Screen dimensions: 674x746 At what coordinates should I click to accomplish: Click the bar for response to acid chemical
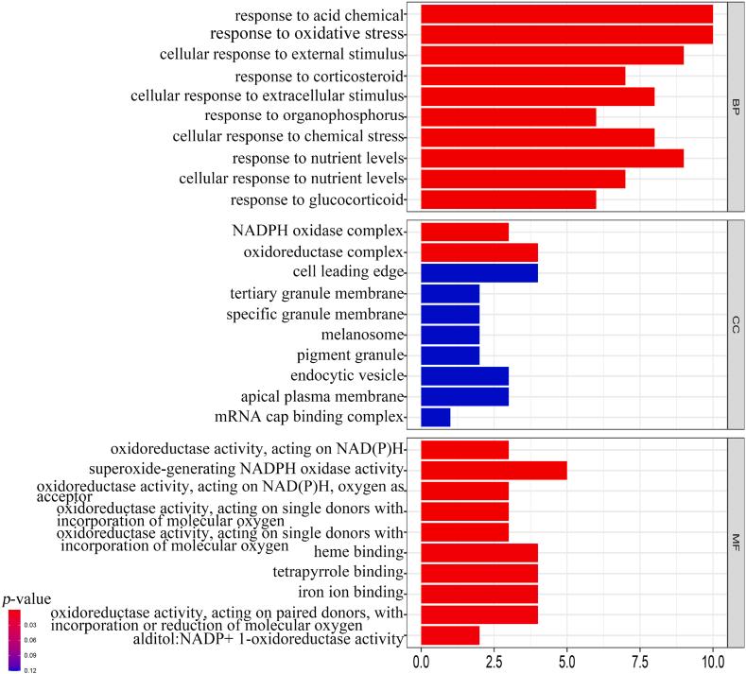[x=565, y=14]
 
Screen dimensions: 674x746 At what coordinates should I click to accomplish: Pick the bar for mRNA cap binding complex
[x=435, y=417]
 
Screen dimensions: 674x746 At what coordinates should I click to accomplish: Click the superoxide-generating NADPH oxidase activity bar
[x=493, y=470]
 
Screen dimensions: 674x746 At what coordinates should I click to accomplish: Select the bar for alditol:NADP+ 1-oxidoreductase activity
[x=449, y=635]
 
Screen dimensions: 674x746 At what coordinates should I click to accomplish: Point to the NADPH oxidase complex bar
[x=464, y=232]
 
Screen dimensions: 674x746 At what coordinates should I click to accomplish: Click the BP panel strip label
[x=735, y=107]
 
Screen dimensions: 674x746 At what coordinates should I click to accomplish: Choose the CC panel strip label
[x=735, y=324]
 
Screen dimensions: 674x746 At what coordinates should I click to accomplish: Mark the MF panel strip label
[x=735, y=542]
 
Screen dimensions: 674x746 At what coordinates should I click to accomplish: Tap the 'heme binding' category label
[x=362, y=551]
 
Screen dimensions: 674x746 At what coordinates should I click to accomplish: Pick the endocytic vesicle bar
[x=464, y=375]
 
